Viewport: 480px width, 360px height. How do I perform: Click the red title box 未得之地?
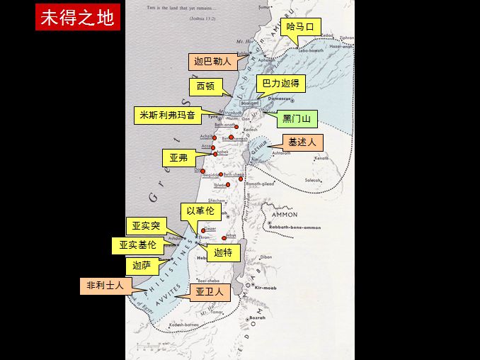point(77,18)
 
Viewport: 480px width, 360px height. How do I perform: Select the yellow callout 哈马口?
point(300,27)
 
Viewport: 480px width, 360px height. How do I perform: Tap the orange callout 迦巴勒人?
point(213,62)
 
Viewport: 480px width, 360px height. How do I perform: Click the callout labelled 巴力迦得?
point(280,84)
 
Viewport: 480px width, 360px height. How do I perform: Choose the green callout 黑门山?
point(297,118)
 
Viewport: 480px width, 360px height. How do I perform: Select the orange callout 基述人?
point(302,142)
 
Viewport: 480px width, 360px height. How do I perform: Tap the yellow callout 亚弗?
point(179,157)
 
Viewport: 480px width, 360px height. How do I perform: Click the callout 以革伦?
point(200,210)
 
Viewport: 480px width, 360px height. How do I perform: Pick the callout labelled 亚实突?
point(146,226)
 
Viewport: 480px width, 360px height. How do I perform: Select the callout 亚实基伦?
point(137,245)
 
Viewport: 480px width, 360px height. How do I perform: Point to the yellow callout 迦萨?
point(142,266)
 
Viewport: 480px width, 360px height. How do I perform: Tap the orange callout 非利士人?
point(105,286)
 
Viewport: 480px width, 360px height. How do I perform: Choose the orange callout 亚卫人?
point(210,292)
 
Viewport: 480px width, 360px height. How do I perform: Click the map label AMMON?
point(284,214)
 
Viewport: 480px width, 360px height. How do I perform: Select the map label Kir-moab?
point(266,288)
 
